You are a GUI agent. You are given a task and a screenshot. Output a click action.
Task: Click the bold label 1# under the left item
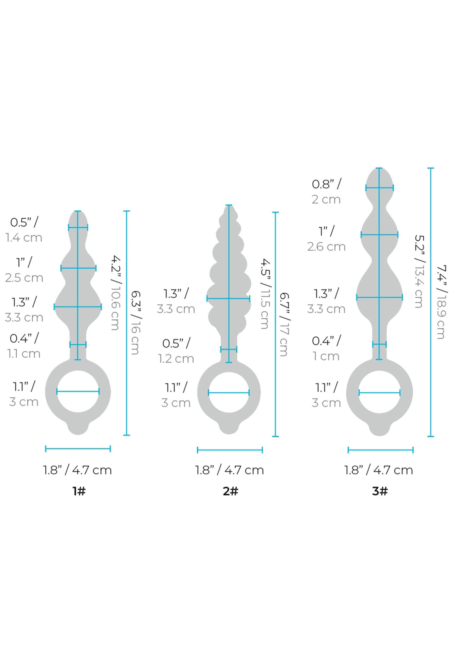[79, 491]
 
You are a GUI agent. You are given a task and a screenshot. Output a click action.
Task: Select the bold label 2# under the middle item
[230, 491]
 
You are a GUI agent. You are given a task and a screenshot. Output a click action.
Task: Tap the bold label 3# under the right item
[380, 491]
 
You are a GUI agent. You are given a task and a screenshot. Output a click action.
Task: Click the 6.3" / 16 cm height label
[135, 322]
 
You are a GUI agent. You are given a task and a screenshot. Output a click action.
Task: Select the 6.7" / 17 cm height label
[284, 325]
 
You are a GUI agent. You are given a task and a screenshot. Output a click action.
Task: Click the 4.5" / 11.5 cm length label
[264, 294]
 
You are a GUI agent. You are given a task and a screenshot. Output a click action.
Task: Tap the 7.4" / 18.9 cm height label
[441, 302]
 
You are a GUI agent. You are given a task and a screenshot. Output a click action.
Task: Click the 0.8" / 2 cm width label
[327, 192]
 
